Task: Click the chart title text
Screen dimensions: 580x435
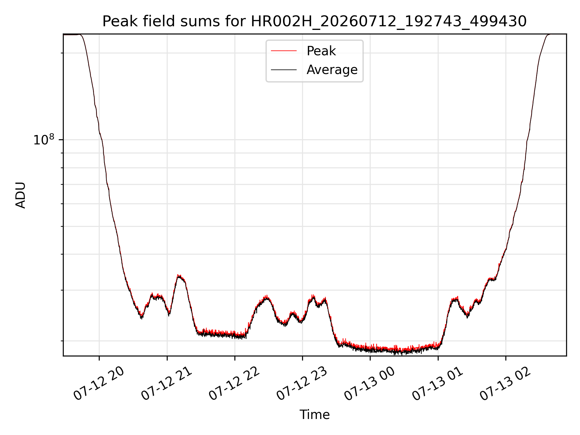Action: (x=314, y=21)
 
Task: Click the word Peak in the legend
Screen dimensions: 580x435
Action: (x=321, y=51)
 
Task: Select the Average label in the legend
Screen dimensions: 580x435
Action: (x=332, y=70)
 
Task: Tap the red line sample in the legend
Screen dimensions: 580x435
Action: (x=284, y=51)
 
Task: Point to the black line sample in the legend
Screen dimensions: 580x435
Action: (x=284, y=70)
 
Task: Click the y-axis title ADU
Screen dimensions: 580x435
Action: (x=21, y=195)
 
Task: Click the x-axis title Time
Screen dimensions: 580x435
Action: (x=314, y=415)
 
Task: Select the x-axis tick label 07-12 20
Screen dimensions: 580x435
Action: (x=99, y=384)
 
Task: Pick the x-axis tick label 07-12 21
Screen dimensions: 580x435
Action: (x=166, y=384)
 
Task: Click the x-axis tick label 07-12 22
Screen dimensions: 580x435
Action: (x=234, y=384)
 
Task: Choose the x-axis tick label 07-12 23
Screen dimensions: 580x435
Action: (x=302, y=384)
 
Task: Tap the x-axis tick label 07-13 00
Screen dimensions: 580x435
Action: (x=369, y=384)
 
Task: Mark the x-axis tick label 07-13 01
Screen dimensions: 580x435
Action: (x=437, y=384)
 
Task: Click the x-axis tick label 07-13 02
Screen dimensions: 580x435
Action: (x=505, y=384)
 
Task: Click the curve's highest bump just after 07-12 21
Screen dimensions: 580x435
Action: (x=179, y=276)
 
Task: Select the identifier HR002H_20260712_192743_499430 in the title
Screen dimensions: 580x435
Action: (x=389, y=22)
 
